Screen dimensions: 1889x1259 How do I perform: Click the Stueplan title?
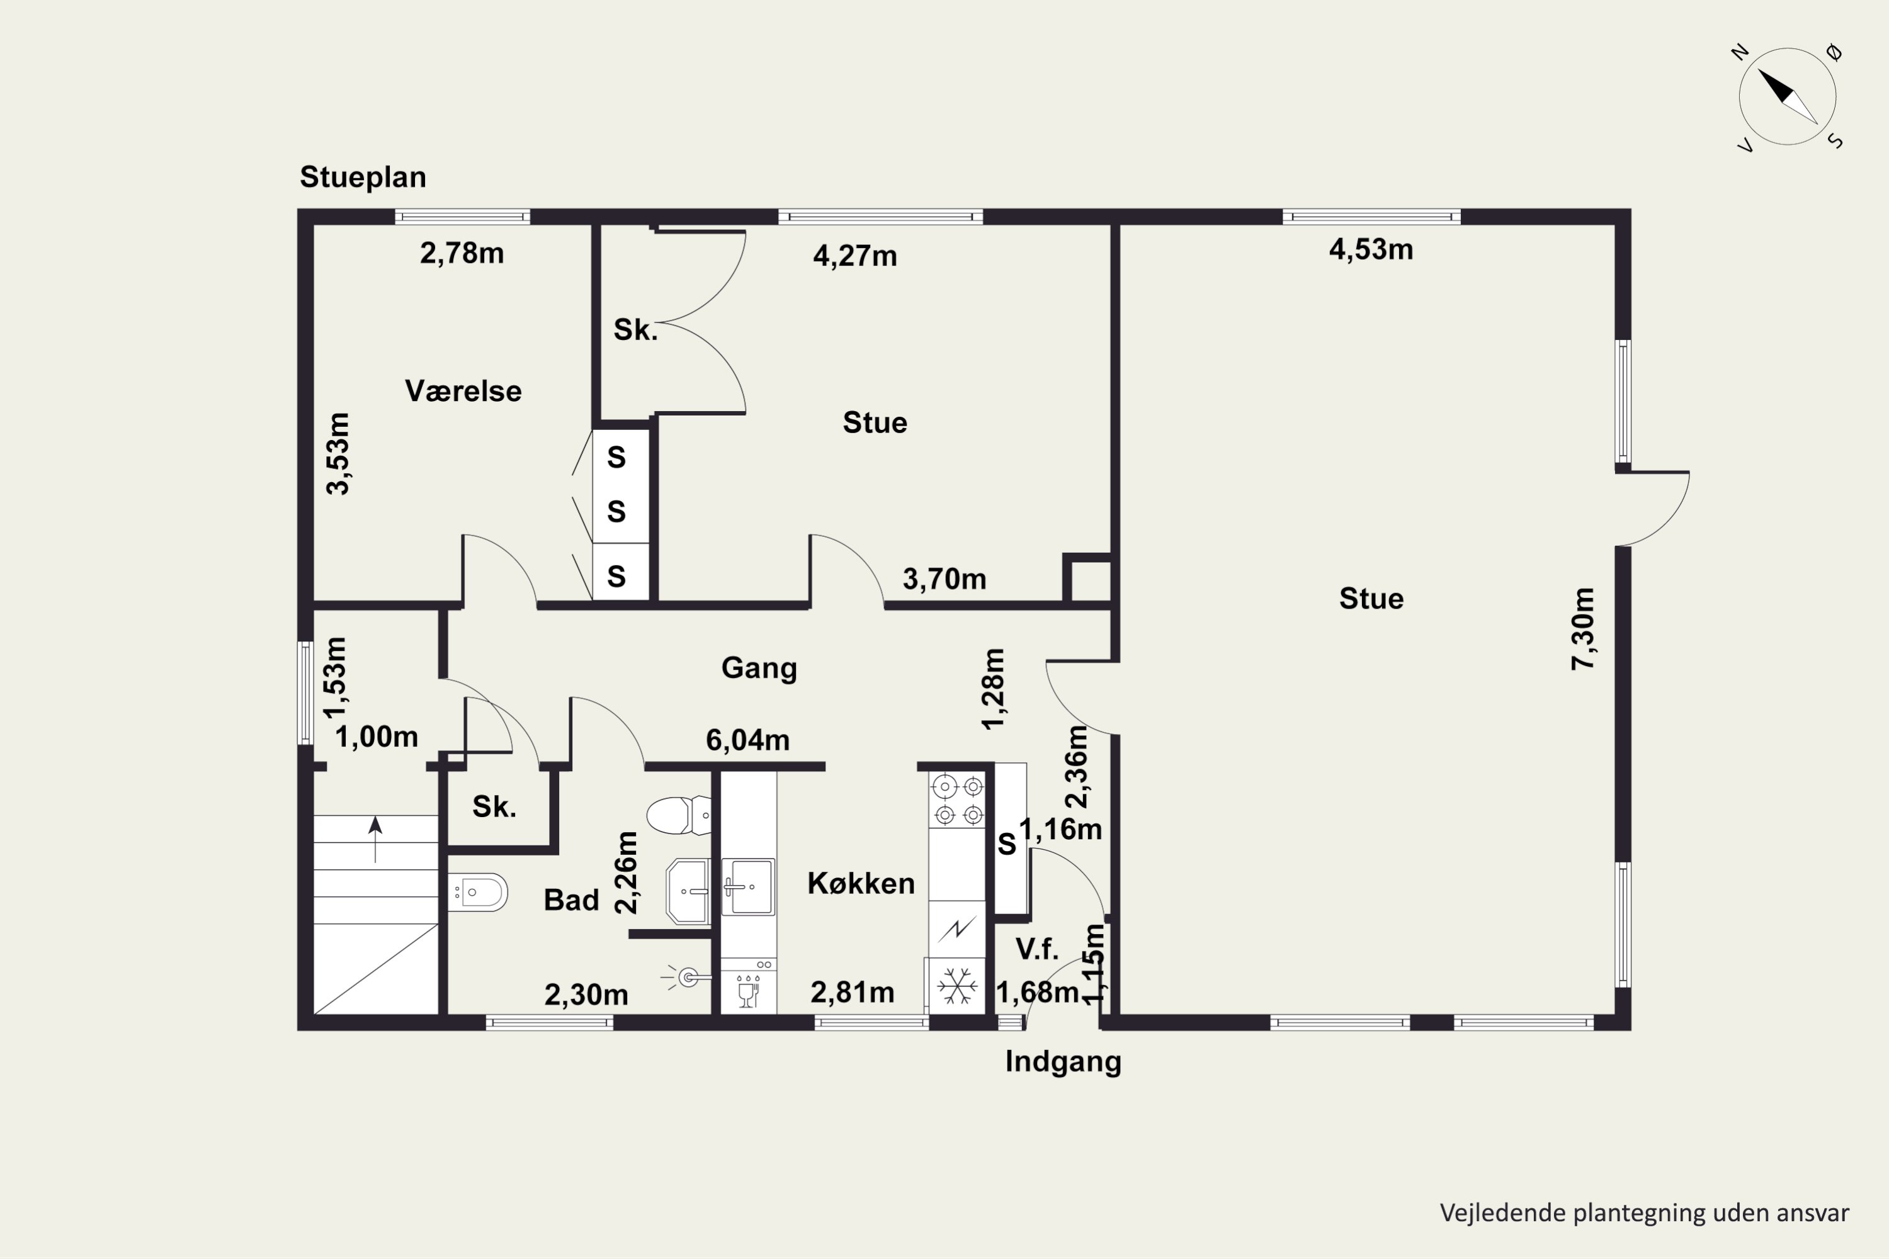pos(363,178)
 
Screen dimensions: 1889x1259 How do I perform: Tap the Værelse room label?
pos(463,391)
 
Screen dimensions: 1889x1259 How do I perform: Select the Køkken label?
pos(861,883)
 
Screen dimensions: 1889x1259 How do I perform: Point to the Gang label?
pos(759,668)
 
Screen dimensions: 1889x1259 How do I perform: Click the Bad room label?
pos(571,900)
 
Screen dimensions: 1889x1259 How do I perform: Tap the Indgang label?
pos(1064,1061)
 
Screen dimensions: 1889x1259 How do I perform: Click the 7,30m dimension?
pos(1583,629)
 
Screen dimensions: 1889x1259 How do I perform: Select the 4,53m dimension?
pos(1371,250)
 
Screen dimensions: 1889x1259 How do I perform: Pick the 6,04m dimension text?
pos(748,740)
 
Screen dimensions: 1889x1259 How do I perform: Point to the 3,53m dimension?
pos(338,454)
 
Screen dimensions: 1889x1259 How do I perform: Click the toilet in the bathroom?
pos(679,815)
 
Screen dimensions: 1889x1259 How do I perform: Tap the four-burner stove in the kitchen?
pos(957,799)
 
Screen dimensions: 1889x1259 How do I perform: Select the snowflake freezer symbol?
pos(956,985)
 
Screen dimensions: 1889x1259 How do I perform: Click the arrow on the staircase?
pos(375,839)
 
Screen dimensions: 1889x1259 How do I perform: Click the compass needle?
pos(1788,97)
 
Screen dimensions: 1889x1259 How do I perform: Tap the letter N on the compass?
pos(1740,53)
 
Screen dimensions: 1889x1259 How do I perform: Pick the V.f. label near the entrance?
pos(1037,949)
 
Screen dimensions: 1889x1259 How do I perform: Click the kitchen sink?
pos(748,886)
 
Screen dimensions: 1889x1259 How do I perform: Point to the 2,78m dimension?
pos(462,254)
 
